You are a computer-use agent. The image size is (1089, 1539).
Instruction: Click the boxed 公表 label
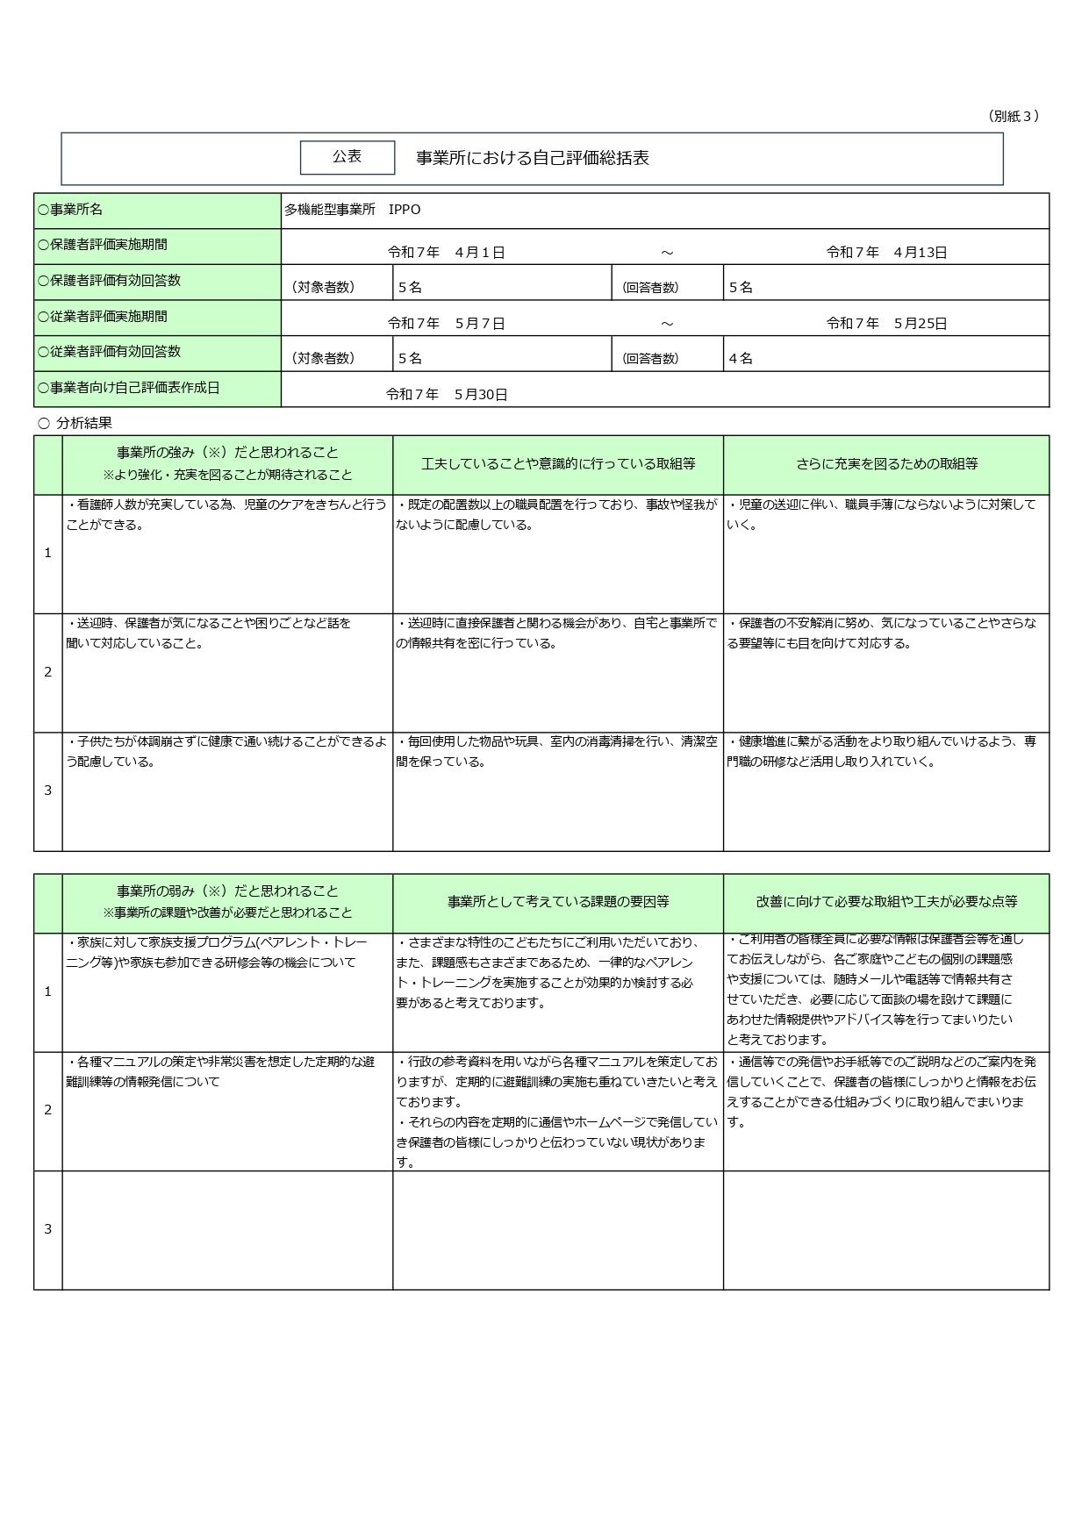point(347,157)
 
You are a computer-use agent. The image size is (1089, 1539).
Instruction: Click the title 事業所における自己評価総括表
point(532,159)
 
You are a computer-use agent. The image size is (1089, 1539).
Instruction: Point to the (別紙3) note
point(1013,116)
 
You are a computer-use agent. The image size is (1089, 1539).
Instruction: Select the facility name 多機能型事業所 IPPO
point(352,210)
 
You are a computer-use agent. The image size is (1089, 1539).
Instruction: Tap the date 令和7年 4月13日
point(886,253)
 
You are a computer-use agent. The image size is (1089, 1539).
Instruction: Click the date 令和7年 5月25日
point(886,324)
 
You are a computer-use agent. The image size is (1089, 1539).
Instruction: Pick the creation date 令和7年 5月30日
point(447,395)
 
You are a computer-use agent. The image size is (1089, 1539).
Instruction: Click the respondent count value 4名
point(740,359)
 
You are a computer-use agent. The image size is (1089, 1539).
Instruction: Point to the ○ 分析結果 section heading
point(75,423)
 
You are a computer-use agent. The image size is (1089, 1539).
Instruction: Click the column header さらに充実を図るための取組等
point(886,464)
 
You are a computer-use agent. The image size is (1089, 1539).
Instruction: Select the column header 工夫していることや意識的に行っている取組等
point(558,464)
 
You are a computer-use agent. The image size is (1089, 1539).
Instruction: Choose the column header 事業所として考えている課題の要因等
point(558,902)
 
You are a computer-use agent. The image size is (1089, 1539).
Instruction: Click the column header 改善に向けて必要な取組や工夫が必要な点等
point(886,902)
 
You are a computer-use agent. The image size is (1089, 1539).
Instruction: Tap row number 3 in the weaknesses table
point(48,1229)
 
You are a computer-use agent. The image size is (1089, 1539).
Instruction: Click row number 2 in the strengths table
point(48,672)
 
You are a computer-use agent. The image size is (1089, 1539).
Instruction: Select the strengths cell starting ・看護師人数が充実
point(226,515)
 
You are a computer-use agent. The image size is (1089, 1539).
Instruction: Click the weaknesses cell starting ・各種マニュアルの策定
point(220,1071)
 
